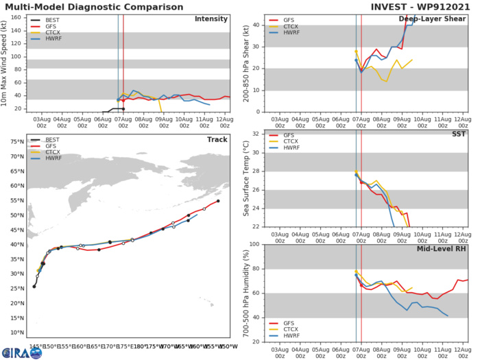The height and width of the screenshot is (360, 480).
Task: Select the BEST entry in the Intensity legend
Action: point(49,22)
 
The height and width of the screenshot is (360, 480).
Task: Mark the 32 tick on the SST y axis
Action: point(258,134)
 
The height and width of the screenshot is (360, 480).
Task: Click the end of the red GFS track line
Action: point(218,201)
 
